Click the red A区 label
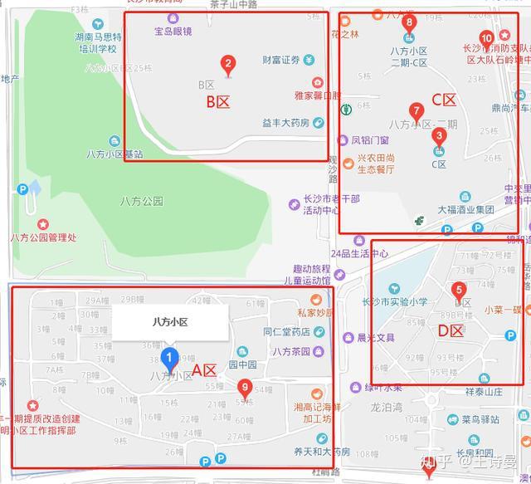[204, 370]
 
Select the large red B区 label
[217, 102]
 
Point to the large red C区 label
[444, 100]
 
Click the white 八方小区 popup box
[170, 322]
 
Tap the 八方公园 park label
[141, 202]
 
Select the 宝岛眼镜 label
[173, 32]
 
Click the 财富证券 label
[280, 60]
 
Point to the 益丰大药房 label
[285, 123]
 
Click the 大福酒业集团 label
[466, 210]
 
